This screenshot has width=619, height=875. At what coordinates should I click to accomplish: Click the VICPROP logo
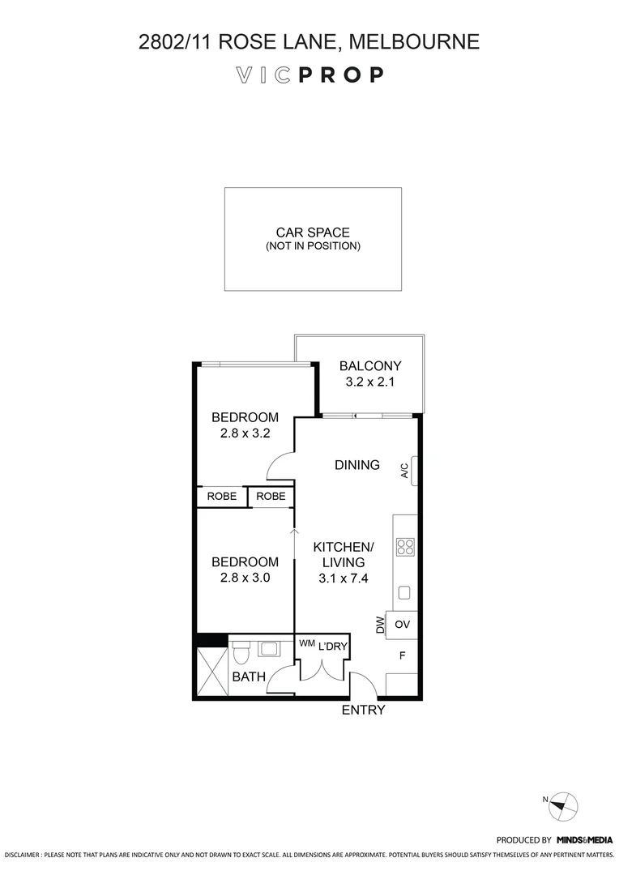[309, 75]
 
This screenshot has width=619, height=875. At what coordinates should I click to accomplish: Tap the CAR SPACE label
[313, 233]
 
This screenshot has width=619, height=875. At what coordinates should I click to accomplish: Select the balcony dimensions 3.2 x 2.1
[369, 382]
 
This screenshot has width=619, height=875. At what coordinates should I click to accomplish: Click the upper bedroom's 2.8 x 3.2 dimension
[245, 433]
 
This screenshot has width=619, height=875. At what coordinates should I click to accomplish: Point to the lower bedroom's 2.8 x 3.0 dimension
[245, 578]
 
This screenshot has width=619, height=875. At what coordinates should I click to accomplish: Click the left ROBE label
[222, 496]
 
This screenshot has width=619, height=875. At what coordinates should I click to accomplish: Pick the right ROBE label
[271, 496]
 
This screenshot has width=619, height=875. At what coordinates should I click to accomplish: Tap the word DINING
[357, 465]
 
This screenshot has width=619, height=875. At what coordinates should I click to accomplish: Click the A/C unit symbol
[414, 471]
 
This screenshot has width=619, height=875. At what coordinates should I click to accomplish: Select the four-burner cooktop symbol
[405, 547]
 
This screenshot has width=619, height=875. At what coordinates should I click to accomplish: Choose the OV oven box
[402, 625]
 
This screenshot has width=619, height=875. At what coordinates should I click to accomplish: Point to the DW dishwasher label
[380, 625]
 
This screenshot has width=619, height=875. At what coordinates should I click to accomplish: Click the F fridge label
[402, 655]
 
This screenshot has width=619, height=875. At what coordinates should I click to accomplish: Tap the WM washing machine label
[307, 643]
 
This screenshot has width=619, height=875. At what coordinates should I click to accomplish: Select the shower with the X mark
[211, 672]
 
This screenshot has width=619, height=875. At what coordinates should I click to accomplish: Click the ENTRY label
[363, 711]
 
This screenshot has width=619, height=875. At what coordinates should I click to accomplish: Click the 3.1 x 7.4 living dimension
[344, 578]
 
